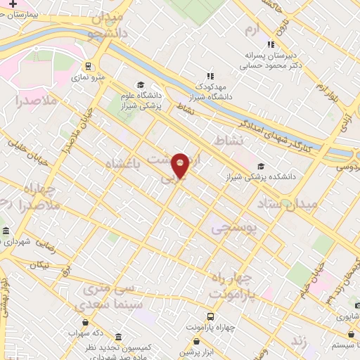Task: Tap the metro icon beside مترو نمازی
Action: [x=88, y=67]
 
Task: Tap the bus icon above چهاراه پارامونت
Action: [x=210, y=316]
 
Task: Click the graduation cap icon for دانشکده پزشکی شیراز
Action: [x=261, y=166]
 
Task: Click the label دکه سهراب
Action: [x=93, y=333]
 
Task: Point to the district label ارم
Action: [x=252, y=29]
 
